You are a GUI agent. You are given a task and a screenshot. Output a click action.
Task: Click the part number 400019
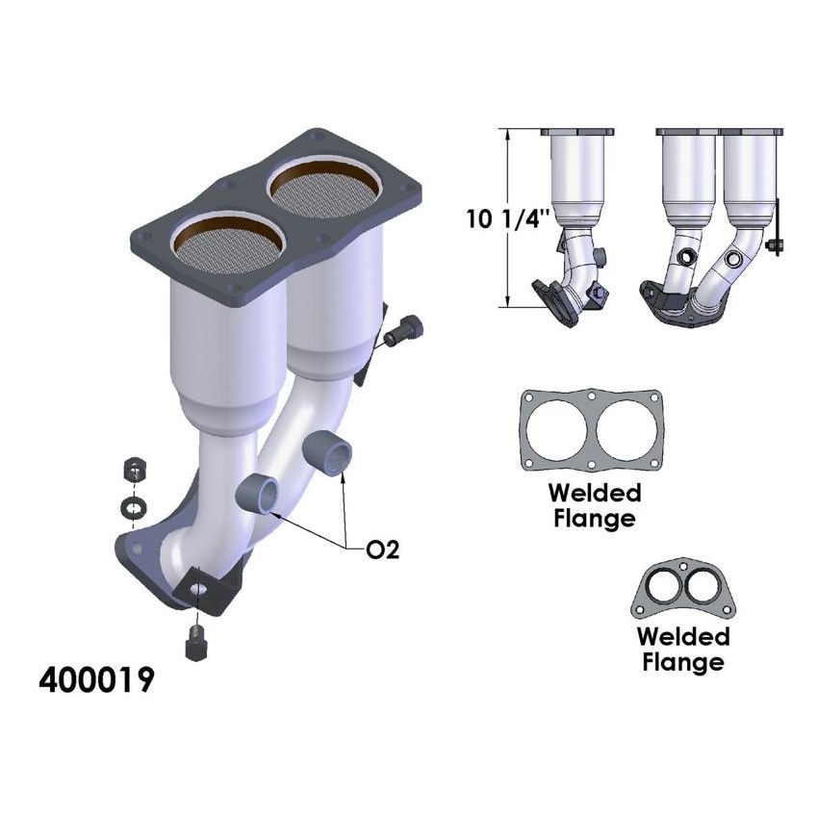pyautogui.click(x=95, y=679)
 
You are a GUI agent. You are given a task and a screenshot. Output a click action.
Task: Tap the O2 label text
pyautogui.click(x=382, y=550)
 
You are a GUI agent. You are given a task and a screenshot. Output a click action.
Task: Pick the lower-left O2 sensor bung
pyautogui.click(x=258, y=494)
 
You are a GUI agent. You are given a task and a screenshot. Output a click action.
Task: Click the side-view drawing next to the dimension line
pyautogui.click(x=574, y=221)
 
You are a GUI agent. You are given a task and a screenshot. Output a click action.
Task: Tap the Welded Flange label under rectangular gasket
pyautogui.click(x=594, y=505)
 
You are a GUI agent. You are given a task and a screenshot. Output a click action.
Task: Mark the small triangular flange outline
pyautogui.click(x=683, y=589)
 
